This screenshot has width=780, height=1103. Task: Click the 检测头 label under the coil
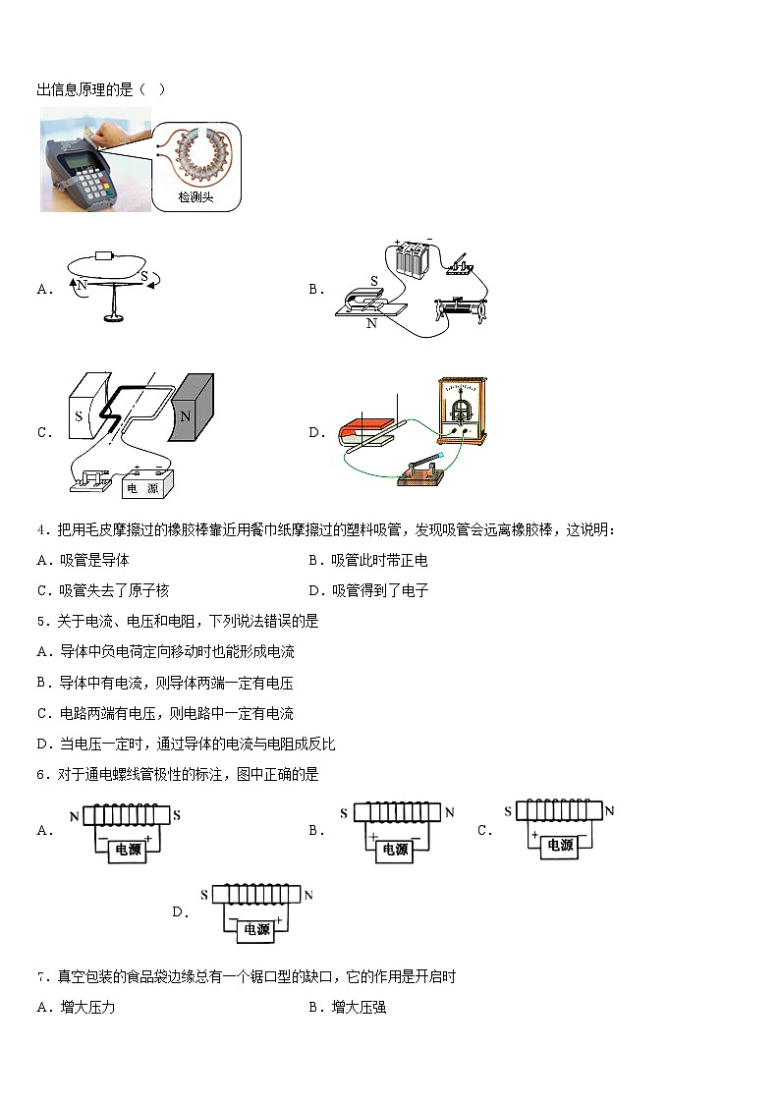(195, 197)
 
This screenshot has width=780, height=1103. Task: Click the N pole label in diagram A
(83, 285)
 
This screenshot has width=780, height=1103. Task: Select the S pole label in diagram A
(143, 278)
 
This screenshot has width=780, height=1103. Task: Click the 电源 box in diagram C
(148, 486)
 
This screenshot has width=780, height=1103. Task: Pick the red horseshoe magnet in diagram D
(360, 432)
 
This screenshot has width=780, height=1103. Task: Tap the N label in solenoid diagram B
(449, 812)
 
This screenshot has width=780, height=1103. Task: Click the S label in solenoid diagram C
(509, 811)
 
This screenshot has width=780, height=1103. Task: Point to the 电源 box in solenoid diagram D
(256, 929)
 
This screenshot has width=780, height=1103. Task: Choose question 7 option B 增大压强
(359, 1007)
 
